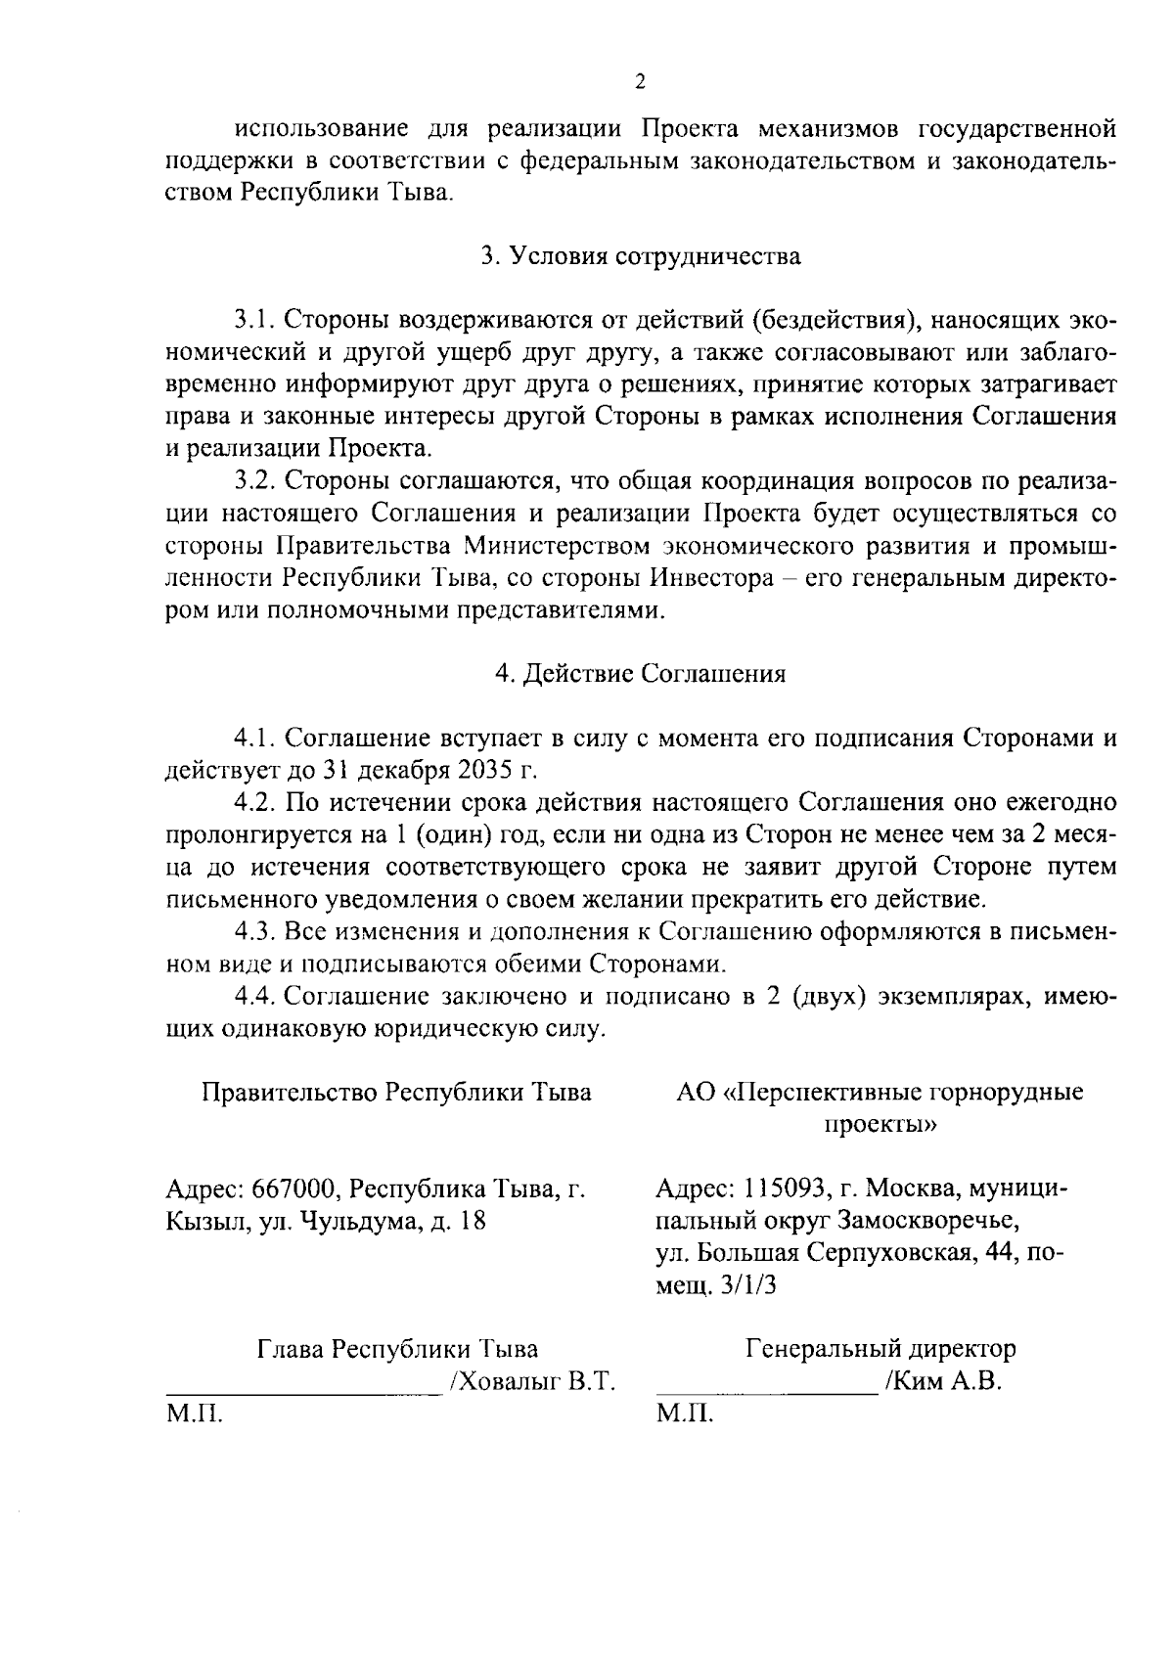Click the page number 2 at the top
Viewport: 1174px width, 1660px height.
pyautogui.click(x=640, y=82)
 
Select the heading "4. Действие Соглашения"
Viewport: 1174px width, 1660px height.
pyautogui.click(x=640, y=674)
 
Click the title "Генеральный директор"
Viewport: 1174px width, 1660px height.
pyautogui.click(x=880, y=1350)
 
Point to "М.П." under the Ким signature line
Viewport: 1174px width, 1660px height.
pyautogui.click(x=684, y=1414)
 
